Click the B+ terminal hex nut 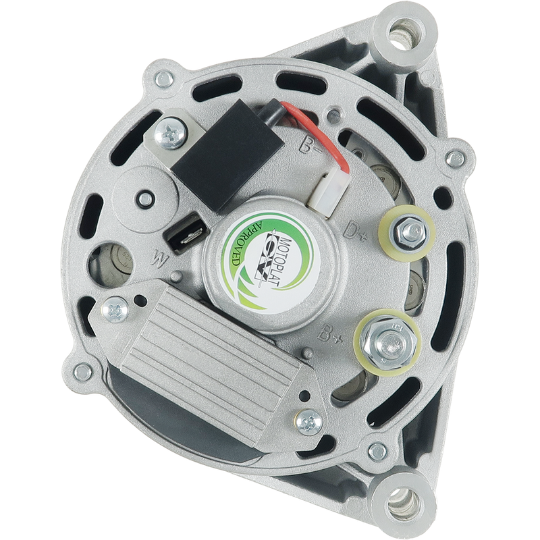tap(389, 342)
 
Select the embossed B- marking tap(310, 144)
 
